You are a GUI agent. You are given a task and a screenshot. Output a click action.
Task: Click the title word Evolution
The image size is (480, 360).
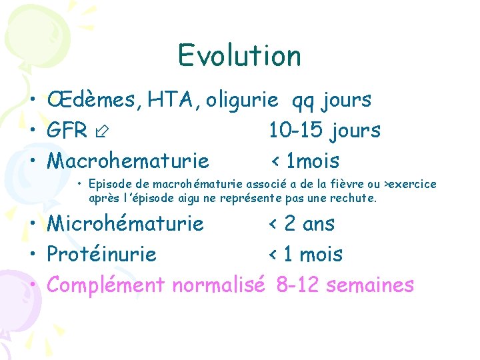click(x=239, y=55)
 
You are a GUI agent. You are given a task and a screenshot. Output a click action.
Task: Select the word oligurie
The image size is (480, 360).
click(x=242, y=100)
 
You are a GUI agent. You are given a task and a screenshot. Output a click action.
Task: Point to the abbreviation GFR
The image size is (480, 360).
click(x=67, y=131)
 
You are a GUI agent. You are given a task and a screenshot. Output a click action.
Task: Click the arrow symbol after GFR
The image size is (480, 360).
click(x=102, y=131)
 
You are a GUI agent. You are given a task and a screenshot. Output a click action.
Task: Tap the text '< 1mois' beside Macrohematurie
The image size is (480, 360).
click(x=305, y=161)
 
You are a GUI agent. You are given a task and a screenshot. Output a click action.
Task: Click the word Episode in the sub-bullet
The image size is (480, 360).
click(x=109, y=184)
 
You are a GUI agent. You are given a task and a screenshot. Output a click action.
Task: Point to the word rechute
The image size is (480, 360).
click(x=356, y=198)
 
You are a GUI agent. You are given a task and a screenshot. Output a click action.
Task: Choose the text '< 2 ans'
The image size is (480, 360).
click(x=301, y=223)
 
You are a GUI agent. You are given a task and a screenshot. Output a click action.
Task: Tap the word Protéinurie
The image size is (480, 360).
click(x=102, y=254)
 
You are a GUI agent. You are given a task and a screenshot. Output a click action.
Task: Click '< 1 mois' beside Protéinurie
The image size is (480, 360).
click(x=305, y=254)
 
